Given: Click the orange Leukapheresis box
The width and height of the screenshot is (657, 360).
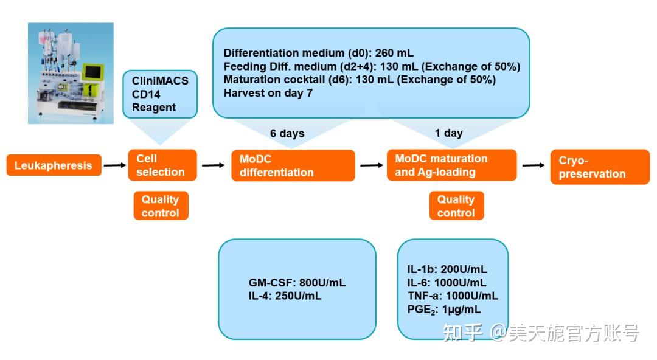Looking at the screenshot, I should (x=54, y=165).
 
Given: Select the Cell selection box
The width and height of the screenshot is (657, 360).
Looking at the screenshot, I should (x=162, y=165).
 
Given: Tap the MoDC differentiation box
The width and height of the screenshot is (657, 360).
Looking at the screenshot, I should (x=293, y=165).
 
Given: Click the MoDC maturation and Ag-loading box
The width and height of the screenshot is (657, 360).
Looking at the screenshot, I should (x=451, y=165).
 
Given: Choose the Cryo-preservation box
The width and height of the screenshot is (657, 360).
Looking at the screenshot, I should (x=599, y=167).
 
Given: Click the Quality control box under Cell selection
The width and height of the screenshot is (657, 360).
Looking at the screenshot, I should (x=161, y=206).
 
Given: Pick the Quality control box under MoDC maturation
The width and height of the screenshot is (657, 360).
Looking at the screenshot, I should (x=456, y=206).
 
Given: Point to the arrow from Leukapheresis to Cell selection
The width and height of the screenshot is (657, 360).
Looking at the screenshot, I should (x=114, y=165).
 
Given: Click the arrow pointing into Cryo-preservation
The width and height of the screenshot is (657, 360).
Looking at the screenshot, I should (x=534, y=165).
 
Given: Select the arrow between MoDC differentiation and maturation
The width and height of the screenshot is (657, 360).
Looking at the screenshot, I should (x=371, y=165).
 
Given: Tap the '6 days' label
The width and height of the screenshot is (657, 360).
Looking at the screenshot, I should (x=287, y=133).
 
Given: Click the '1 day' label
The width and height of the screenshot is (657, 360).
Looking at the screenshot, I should (x=449, y=133).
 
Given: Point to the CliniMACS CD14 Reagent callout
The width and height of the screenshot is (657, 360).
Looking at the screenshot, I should (x=160, y=94).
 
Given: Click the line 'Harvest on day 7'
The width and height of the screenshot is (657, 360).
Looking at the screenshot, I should (x=267, y=93).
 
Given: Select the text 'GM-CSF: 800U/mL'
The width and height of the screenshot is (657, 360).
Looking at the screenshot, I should (x=297, y=283).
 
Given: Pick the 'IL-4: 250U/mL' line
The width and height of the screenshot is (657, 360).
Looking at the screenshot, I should (x=285, y=296).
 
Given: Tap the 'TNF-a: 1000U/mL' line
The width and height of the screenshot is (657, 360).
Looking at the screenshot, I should (x=453, y=296).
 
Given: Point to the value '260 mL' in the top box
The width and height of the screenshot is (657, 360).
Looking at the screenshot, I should (x=395, y=53).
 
